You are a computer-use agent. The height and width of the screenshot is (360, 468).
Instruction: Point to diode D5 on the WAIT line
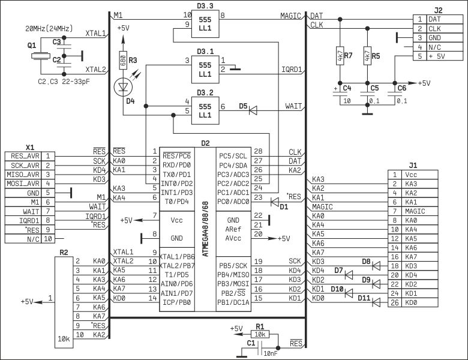253,110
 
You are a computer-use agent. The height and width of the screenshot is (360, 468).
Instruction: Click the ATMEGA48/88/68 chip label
205,225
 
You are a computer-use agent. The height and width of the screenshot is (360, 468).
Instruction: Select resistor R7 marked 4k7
340,57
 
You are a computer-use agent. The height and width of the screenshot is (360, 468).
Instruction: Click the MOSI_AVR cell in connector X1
25,183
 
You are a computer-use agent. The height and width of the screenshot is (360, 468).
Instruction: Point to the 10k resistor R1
260,334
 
